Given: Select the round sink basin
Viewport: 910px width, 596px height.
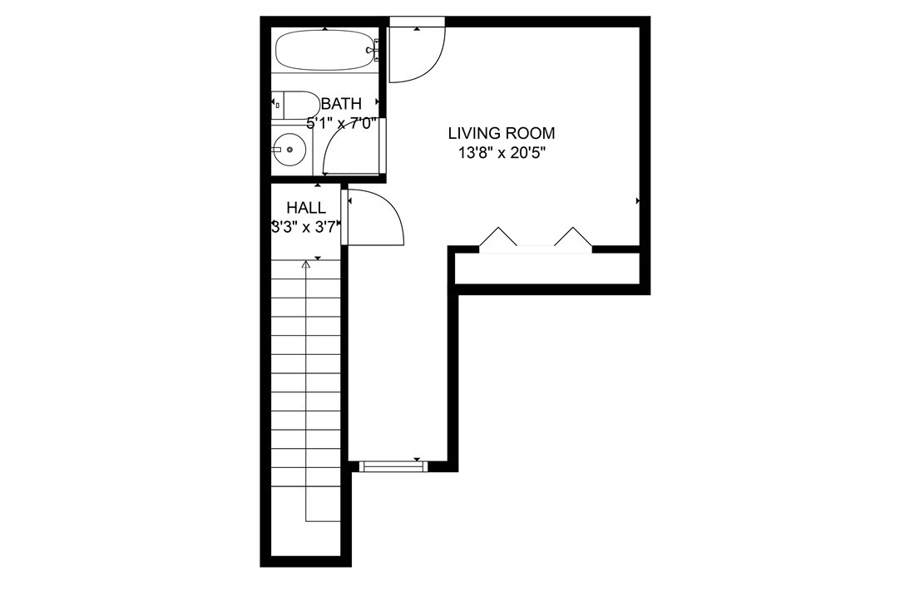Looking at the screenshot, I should pos(289,150).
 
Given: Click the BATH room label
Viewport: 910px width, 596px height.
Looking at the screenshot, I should pos(342,104).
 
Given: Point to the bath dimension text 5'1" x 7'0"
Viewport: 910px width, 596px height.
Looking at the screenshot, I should pos(342,123).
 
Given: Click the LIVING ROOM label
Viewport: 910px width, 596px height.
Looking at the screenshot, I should pos(501,133).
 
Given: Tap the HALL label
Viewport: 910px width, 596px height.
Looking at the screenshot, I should pos(305,207).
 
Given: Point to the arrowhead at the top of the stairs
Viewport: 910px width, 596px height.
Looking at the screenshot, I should pos(306,264).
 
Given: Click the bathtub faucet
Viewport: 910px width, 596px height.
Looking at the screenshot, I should pos(374,52).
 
